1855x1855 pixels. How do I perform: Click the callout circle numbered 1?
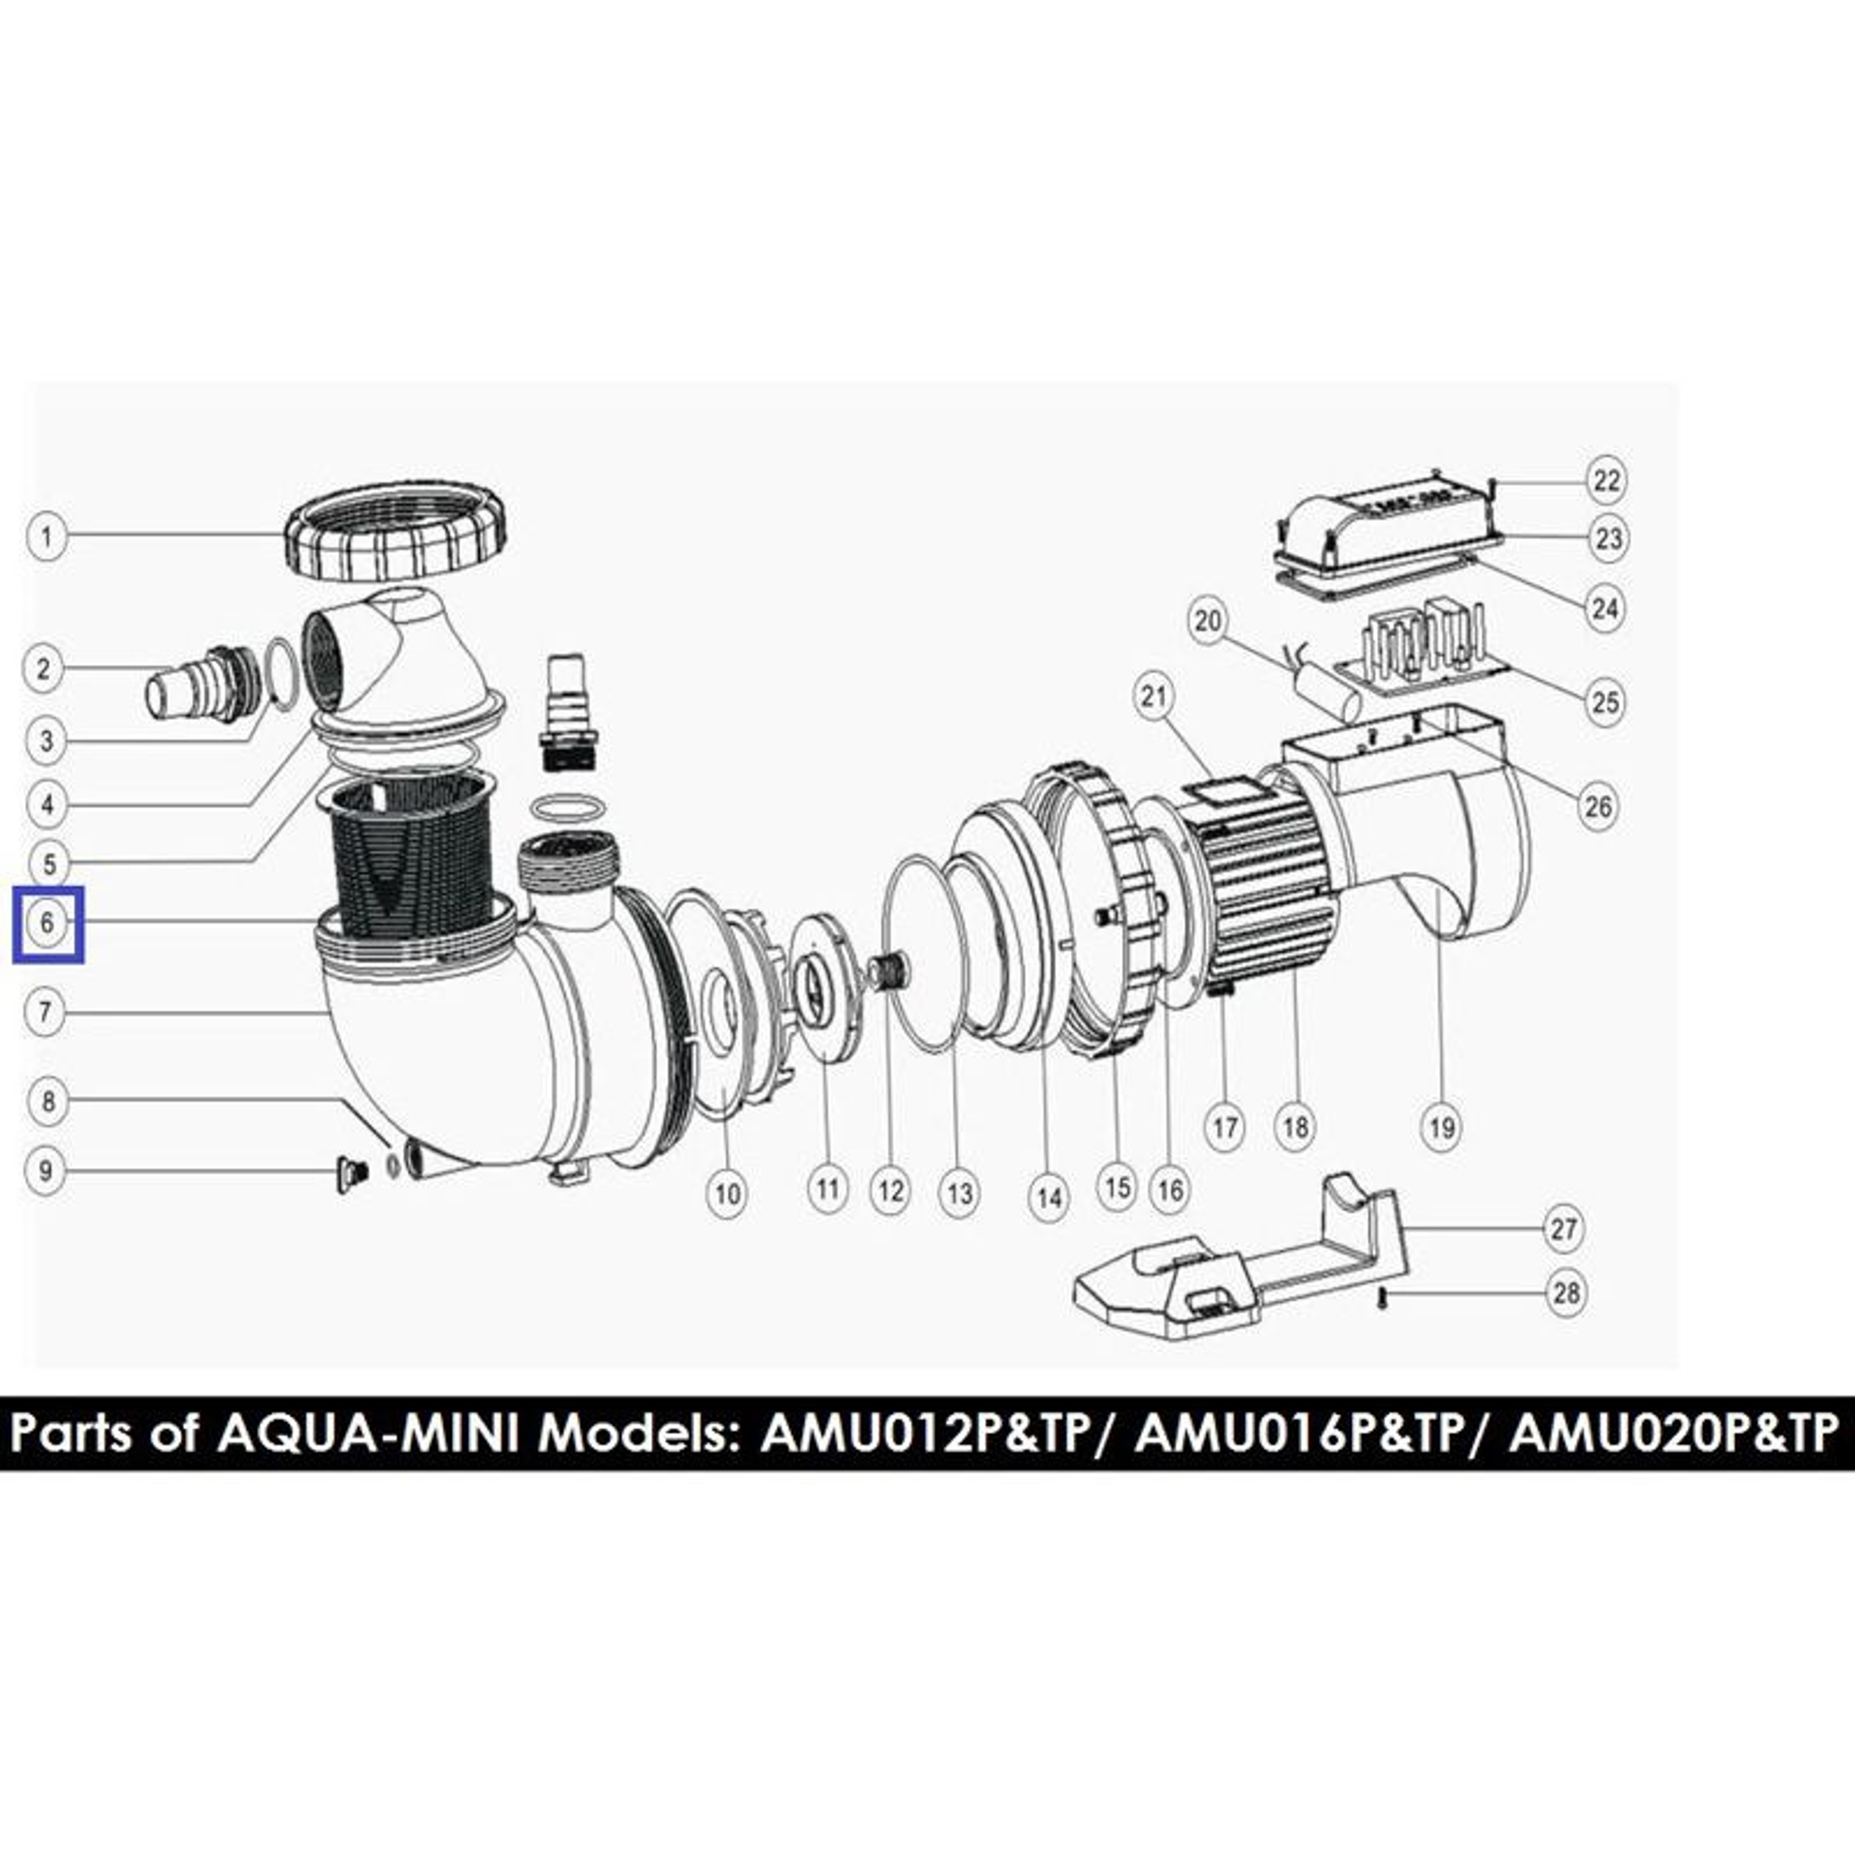tap(46, 535)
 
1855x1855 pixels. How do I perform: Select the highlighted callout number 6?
tap(47, 924)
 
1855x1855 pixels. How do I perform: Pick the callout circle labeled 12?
tap(890, 1191)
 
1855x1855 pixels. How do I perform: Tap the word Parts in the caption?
tap(76, 1434)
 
